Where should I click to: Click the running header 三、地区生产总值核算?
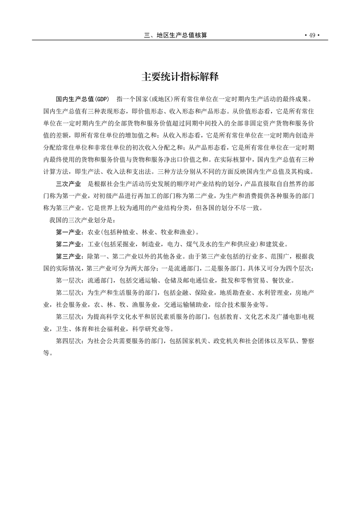[x=175, y=36]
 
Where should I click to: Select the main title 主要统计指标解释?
[x=180, y=77]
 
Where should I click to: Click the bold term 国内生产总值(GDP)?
[x=83, y=99]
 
